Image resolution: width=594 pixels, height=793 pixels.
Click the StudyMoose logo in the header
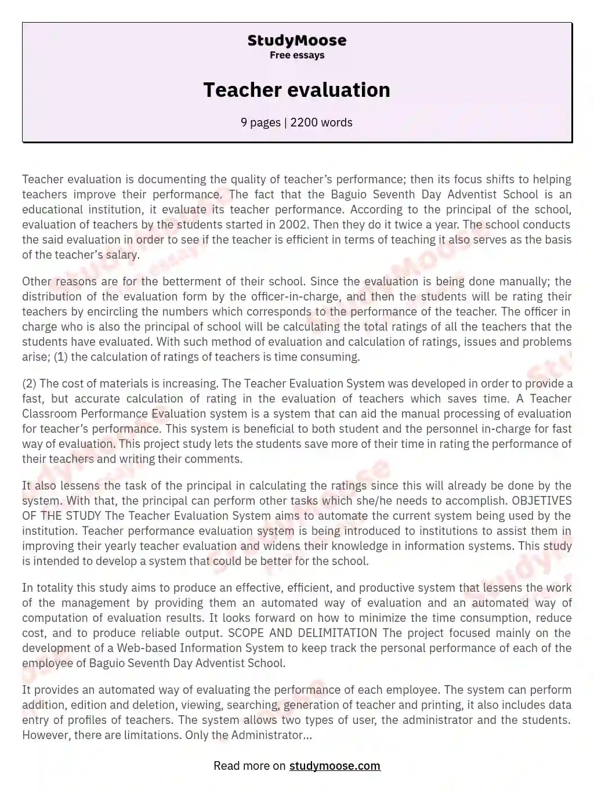pyautogui.click(x=296, y=41)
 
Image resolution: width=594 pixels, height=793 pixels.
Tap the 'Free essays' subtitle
pyautogui.click(x=296, y=55)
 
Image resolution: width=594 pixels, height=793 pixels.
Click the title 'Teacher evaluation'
pyautogui.click(x=296, y=90)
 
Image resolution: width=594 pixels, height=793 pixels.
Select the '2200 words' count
pyautogui.click(x=321, y=122)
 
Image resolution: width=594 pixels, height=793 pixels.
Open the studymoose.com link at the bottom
pyautogui.click(x=335, y=766)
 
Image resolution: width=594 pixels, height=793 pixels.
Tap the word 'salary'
pyautogui.click(x=121, y=255)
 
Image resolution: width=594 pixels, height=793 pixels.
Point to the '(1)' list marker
pyautogui.click(x=60, y=357)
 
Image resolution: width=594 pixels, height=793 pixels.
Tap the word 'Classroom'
pyautogui.click(x=49, y=414)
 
